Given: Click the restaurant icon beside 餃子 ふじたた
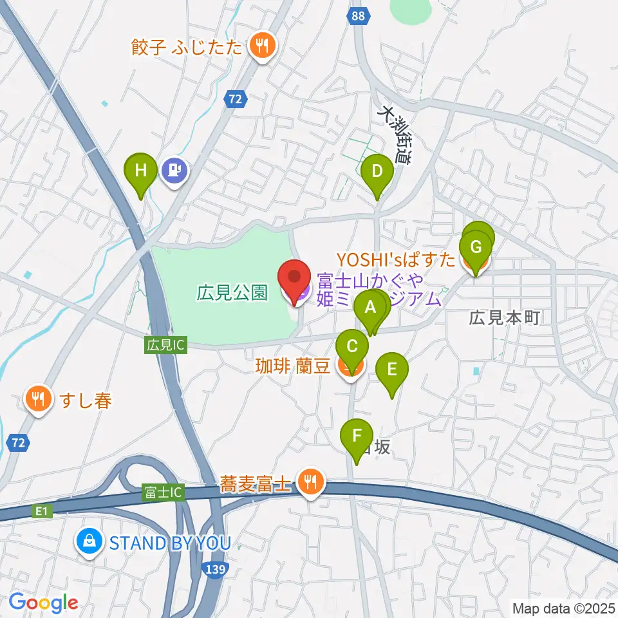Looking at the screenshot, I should (261, 46).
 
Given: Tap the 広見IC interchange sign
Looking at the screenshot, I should (166, 346).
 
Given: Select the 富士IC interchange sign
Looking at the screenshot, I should (164, 493).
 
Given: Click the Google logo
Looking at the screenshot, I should (43, 602).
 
